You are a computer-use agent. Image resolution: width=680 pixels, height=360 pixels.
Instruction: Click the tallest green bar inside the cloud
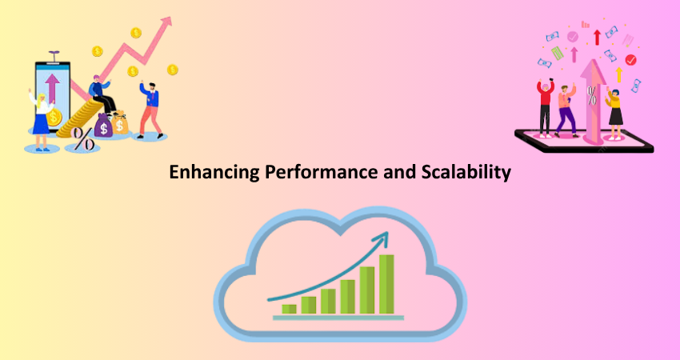386,284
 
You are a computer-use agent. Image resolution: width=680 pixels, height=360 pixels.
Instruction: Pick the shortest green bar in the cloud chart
289,309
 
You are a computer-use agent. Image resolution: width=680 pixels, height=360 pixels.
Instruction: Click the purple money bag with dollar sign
103,126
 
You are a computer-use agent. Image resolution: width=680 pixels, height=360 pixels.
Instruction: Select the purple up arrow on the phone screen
53,88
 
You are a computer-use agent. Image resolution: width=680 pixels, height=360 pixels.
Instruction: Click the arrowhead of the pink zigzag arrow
166,22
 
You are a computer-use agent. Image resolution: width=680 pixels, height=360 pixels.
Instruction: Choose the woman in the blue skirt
41,120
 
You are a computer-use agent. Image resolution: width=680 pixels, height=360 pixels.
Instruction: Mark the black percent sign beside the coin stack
82,138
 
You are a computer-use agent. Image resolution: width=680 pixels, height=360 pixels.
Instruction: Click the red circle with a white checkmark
630,60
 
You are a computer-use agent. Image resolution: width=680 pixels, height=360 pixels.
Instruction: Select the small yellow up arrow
619,74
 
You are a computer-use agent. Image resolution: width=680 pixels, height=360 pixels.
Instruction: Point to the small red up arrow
597,38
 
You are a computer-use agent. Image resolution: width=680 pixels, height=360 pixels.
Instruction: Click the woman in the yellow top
614,114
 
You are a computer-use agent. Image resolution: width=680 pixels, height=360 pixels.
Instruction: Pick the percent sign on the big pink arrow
591,96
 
